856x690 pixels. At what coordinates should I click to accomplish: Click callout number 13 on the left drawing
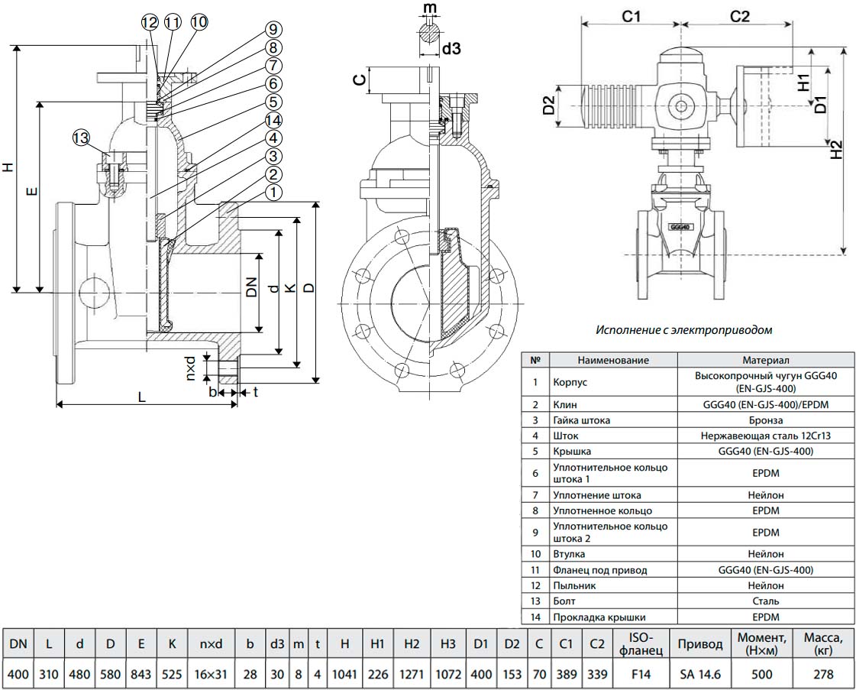coord(81,138)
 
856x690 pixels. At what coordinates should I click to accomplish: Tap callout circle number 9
coord(273,30)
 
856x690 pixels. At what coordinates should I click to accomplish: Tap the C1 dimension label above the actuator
coord(630,15)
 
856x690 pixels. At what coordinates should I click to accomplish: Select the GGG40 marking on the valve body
coord(680,227)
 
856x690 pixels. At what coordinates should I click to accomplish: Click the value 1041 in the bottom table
coord(344,675)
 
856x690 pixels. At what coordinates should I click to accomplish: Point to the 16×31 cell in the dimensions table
coord(211,675)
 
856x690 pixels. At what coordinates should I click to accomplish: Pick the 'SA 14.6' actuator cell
coord(699,675)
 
